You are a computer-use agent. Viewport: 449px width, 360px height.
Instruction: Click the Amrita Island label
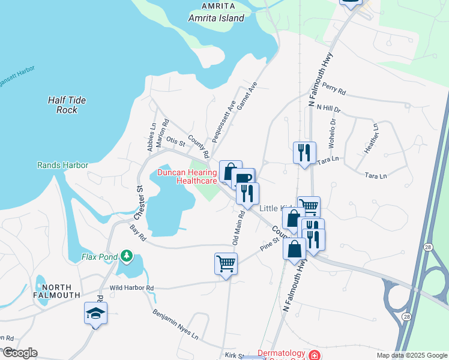tap(216, 18)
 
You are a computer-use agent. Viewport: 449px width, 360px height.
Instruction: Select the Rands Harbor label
tap(62, 165)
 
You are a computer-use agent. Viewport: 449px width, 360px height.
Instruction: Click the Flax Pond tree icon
tap(126, 256)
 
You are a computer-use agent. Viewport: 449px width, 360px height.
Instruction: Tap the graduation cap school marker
tap(95, 313)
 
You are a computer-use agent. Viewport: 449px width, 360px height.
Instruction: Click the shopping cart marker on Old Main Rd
tap(226, 263)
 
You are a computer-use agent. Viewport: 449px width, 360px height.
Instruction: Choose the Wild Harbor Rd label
tap(131, 288)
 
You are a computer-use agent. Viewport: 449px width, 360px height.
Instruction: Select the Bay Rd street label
tap(137, 233)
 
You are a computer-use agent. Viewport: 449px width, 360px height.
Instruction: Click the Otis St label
tap(176, 142)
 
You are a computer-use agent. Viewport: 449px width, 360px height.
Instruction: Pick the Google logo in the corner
tap(19, 353)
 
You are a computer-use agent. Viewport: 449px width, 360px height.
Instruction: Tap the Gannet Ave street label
tap(246, 96)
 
